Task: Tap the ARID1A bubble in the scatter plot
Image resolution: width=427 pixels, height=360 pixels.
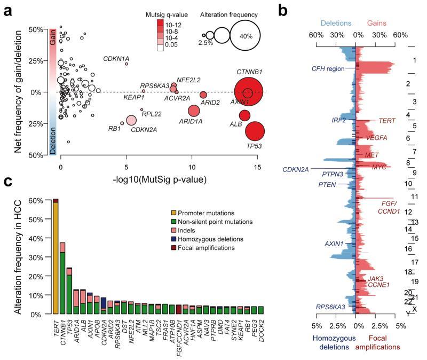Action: click(x=194, y=111)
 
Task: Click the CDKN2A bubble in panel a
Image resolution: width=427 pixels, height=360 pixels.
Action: click(x=131, y=120)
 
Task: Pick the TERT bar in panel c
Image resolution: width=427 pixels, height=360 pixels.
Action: click(x=55, y=256)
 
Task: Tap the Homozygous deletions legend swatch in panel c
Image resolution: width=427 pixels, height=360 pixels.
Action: click(x=173, y=239)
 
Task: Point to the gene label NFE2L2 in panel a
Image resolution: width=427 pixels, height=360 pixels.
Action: click(x=188, y=80)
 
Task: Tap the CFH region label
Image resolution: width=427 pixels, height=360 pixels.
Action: click(x=327, y=69)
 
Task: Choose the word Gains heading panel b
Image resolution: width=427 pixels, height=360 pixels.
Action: click(x=376, y=24)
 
